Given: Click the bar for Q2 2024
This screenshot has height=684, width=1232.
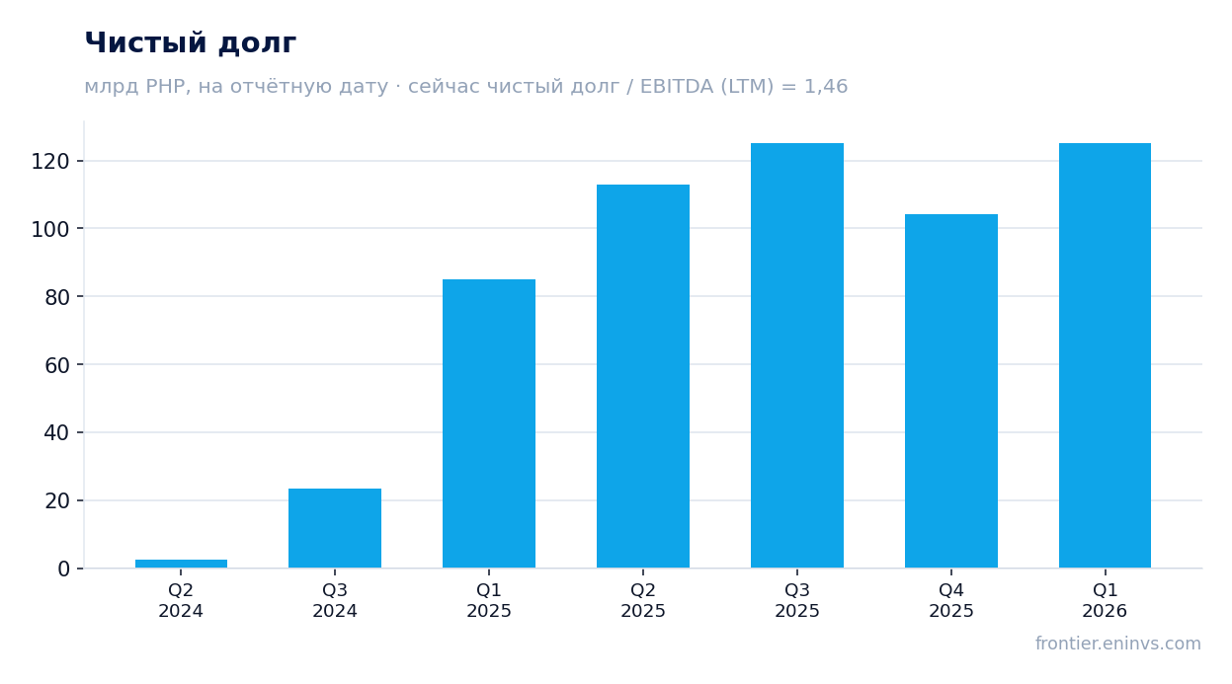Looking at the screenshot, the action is coord(181,564).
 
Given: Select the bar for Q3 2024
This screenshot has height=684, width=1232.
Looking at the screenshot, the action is coord(335,528).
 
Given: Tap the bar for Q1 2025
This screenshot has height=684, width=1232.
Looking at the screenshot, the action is coord(489,423).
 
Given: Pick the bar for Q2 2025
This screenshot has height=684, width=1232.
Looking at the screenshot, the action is coord(643,376).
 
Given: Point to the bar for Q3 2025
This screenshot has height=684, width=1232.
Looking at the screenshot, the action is coord(797,355).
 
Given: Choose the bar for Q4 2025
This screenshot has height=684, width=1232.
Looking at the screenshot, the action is coord(951,391).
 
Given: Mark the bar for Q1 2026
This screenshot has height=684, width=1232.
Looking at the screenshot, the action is coord(1105,355).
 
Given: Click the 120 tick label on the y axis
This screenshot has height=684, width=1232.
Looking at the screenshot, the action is coord(50,162).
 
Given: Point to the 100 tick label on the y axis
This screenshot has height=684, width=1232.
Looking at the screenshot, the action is coord(50,229).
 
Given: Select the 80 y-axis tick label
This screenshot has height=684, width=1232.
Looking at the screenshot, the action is coord(57,297).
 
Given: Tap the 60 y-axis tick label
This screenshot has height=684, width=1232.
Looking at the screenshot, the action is coord(57,365).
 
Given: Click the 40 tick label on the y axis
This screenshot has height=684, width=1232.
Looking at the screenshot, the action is coord(57,433).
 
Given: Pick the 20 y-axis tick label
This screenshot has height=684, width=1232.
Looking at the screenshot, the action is coord(57,501).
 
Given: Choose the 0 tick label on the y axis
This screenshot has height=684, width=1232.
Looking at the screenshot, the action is coord(64,570).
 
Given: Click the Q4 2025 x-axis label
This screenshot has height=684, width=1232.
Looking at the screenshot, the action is coord(951,600).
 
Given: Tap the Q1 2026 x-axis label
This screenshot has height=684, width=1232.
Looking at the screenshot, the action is coord(1105,600).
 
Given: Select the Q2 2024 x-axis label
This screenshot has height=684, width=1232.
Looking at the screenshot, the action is coord(181,600).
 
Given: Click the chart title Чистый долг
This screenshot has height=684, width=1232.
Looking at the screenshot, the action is coord(191,42).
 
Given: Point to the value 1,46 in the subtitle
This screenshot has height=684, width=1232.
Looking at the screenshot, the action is coord(826,87).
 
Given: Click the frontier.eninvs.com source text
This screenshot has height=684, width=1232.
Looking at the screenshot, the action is coord(1118,644).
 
